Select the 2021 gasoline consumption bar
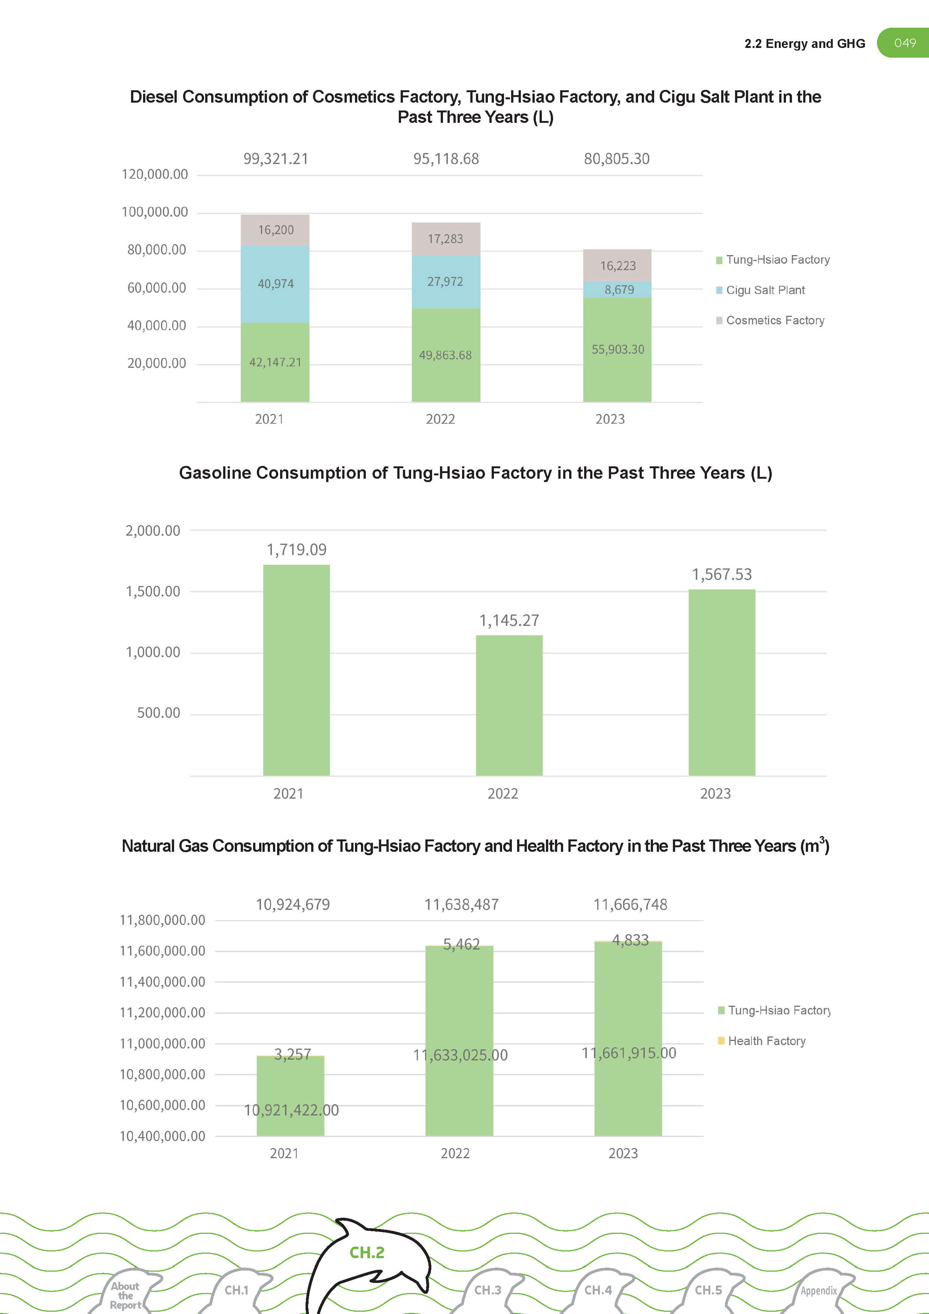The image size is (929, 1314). pos(296,670)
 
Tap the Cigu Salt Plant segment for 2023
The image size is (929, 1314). pos(617,289)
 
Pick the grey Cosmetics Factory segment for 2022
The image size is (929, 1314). pos(446,239)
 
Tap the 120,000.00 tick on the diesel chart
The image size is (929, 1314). pos(154,175)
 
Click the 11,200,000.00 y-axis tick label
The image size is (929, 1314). pos(162,1012)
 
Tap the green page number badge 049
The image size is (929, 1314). pos(904,43)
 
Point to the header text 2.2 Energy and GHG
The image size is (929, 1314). pos(804,43)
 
